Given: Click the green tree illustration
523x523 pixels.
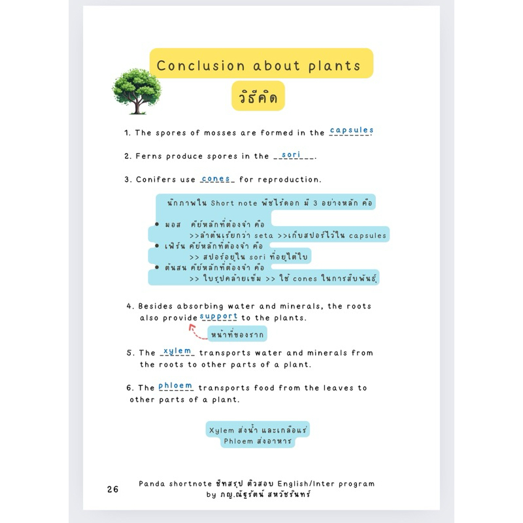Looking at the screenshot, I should [136, 90].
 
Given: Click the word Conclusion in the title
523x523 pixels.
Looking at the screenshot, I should [192, 66].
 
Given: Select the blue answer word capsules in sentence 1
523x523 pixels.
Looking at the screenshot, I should [351, 130].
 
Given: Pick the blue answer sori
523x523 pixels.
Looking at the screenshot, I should [290, 154].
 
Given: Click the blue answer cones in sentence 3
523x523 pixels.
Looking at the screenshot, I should [216, 178].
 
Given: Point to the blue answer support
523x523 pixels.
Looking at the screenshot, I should [218, 316].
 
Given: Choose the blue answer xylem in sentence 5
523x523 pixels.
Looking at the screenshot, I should [178, 351].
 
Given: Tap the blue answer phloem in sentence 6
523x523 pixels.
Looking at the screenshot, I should [175, 386].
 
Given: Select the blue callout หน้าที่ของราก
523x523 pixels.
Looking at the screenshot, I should [237, 335].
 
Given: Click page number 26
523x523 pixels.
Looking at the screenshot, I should [112, 489].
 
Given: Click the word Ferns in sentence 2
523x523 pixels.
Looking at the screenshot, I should [149, 156].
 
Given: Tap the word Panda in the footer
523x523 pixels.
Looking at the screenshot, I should [154, 484].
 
